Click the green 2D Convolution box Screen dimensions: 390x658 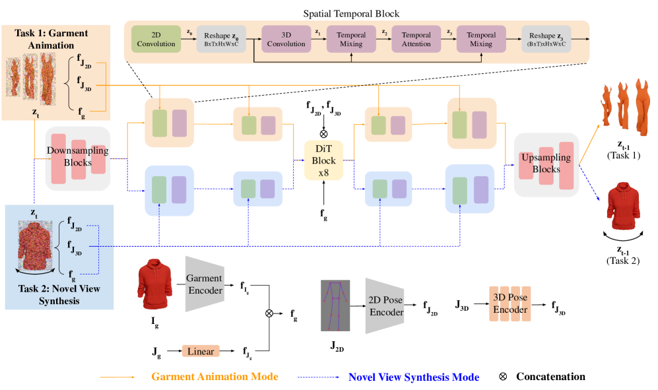(x=156, y=39)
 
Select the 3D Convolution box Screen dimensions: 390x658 (x=286, y=39)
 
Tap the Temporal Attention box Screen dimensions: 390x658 (x=416, y=39)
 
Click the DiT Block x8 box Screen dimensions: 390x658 (x=324, y=160)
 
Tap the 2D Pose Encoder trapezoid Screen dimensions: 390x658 (x=384, y=306)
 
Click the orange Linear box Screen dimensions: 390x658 (x=201, y=351)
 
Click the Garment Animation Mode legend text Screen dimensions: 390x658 (x=214, y=377)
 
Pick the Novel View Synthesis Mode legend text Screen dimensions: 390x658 (x=413, y=377)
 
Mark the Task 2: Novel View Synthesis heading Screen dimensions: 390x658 (x=59, y=295)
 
